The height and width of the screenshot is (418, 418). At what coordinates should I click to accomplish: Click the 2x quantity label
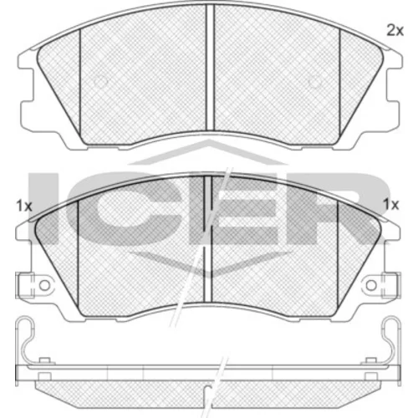point(395,30)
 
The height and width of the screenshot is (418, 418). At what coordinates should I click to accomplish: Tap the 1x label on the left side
point(24,206)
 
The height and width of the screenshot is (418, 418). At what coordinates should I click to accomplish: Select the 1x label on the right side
point(391,205)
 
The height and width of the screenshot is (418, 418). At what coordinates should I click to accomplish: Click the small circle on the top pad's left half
point(100,81)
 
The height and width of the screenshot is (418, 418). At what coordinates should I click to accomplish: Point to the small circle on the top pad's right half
point(314,81)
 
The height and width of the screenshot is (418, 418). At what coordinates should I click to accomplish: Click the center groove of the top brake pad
point(210,68)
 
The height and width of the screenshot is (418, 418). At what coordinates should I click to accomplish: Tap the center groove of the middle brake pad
point(208,239)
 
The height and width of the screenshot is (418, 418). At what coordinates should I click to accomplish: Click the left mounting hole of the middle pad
point(44,285)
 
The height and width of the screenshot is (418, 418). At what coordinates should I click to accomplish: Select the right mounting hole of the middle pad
point(371,285)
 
